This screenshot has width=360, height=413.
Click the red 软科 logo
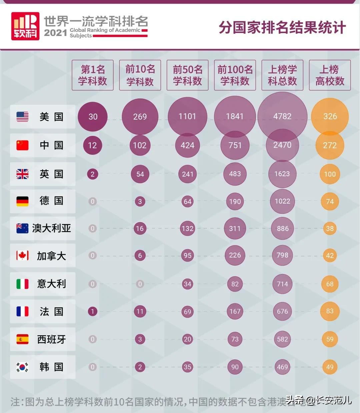coord(25,26)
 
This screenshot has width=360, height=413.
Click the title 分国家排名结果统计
coord(282,27)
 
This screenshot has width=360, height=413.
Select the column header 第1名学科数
coord(93,75)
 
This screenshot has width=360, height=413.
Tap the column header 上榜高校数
coord(330,75)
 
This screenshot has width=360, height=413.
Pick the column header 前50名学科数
coord(187,75)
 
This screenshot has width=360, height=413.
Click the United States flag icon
coord(22,117)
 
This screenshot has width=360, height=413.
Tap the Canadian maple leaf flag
coord(22,255)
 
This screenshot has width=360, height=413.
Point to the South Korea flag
coord(22,367)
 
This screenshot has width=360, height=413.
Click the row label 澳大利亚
coord(51,228)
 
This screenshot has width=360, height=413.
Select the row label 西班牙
coord(51,339)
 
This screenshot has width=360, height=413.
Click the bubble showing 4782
coord(282,117)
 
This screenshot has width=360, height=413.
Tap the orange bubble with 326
coord(330,117)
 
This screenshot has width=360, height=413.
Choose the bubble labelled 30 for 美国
coord(93,117)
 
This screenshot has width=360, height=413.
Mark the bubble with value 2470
coord(282,145)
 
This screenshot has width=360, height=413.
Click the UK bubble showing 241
coord(187,174)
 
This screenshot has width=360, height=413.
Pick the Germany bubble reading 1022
coord(282,201)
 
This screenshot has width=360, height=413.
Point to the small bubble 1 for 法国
coord(93,311)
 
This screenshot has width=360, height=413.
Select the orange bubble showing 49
coord(330,367)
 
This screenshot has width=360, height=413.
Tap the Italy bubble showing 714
coord(282,284)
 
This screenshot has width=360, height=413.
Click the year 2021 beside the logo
coord(55,33)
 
